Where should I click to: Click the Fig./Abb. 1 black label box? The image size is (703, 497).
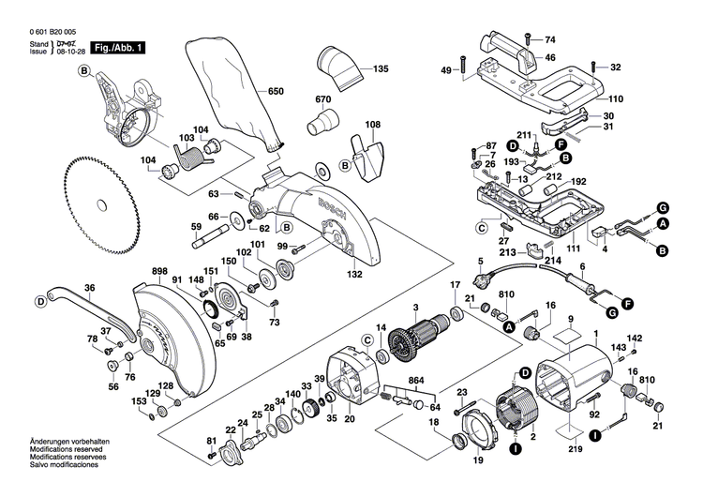click(x=121, y=47)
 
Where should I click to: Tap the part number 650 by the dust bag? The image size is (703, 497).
click(x=275, y=91)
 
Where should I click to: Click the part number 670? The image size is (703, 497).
click(x=323, y=100)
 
